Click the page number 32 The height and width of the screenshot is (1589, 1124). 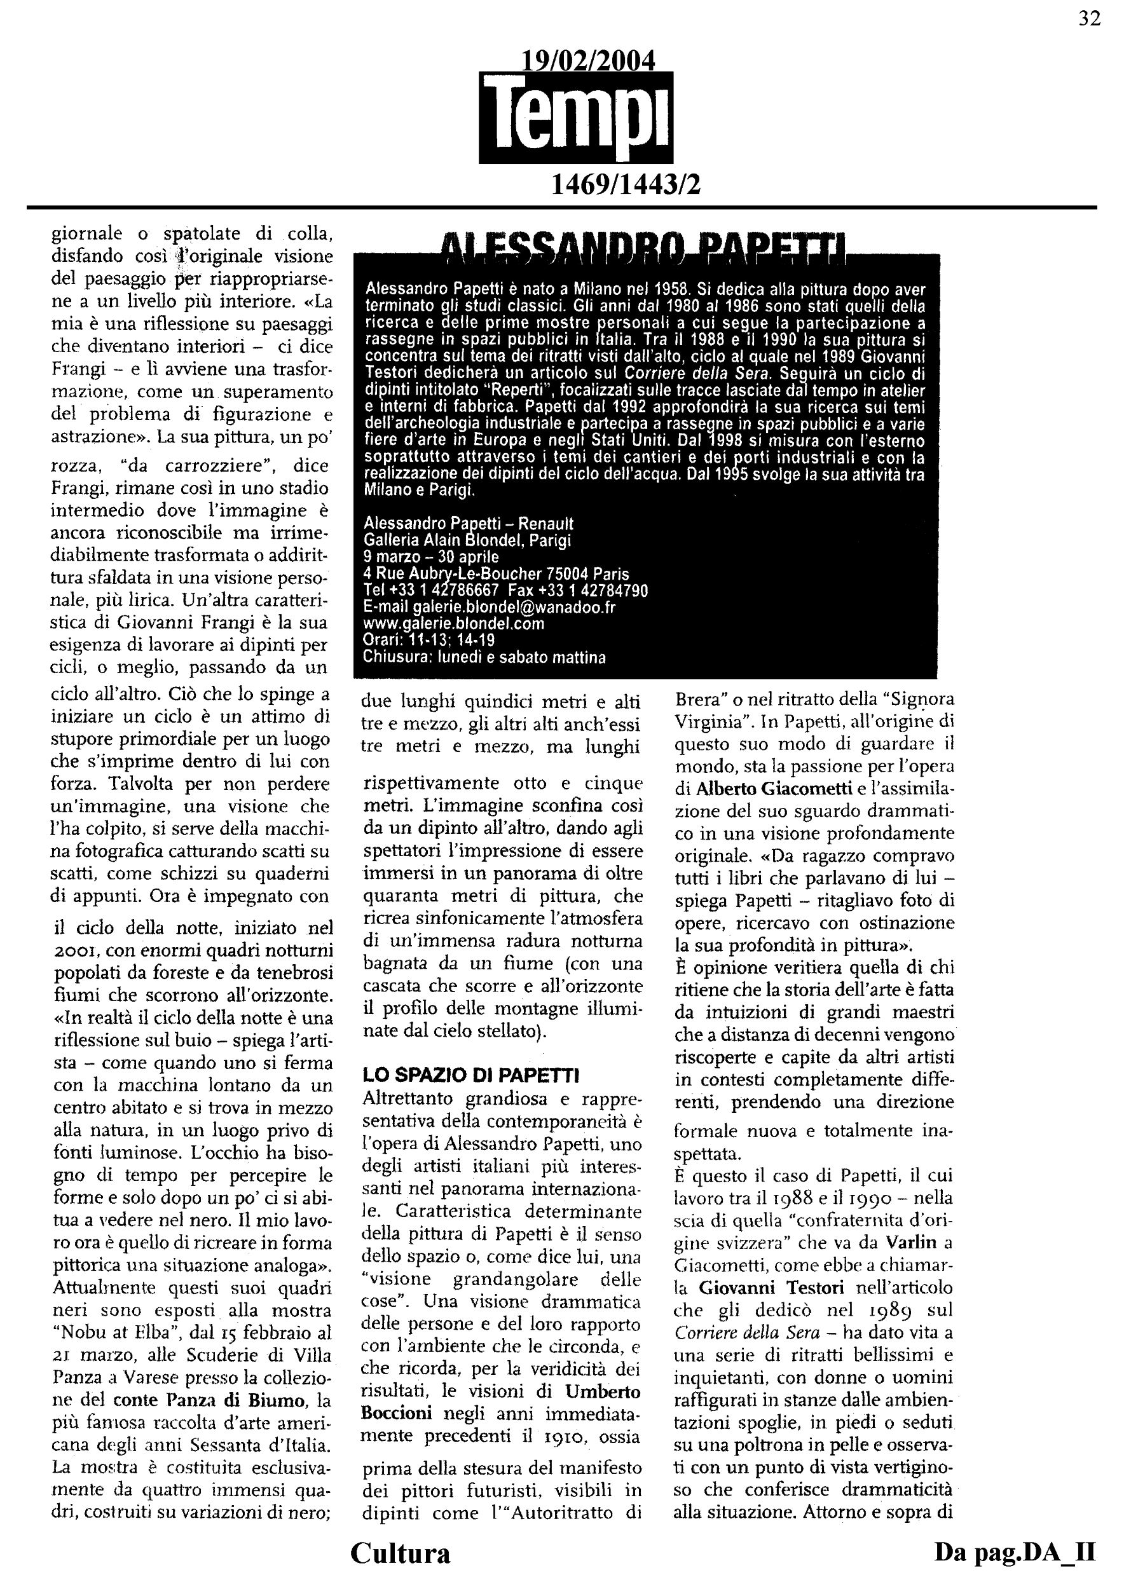[x=1090, y=19]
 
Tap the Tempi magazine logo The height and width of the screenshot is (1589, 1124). [x=576, y=118]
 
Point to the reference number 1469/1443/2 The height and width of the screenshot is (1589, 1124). [x=625, y=184]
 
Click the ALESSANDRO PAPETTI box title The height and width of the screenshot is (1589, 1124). [x=645, y=247]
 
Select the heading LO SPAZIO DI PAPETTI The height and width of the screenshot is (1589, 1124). [x=470, y=1075]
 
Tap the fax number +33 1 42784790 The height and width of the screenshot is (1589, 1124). [x=594, y=590]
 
